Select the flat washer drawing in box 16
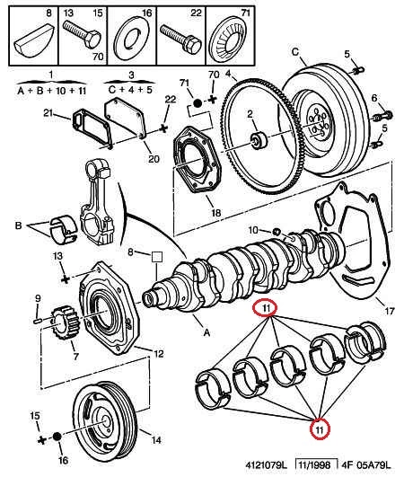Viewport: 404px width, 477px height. tap(132, 39)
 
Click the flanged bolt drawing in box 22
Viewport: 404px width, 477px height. tap(180, 38)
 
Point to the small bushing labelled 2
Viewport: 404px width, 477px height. tap(259, 141)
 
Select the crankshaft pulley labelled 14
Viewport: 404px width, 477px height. tap(105, 421)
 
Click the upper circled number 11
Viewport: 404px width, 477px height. tap(266, 308)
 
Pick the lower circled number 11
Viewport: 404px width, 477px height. tap(320, 428)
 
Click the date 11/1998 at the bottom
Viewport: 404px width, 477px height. tap(314, 464)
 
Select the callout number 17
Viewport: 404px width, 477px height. tap(389, 311)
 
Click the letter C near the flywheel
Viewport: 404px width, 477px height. tap(295, 52)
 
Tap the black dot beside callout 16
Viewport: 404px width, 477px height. tap(57, 437)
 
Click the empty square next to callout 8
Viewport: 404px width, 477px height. tap(157, 257)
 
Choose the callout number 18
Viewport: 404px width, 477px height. tap(215, 212)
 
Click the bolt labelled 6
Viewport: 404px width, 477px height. tap(383, 116)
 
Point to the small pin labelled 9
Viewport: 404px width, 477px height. tap(38, 320)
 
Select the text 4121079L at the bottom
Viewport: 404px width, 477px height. tap(267, 464)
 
